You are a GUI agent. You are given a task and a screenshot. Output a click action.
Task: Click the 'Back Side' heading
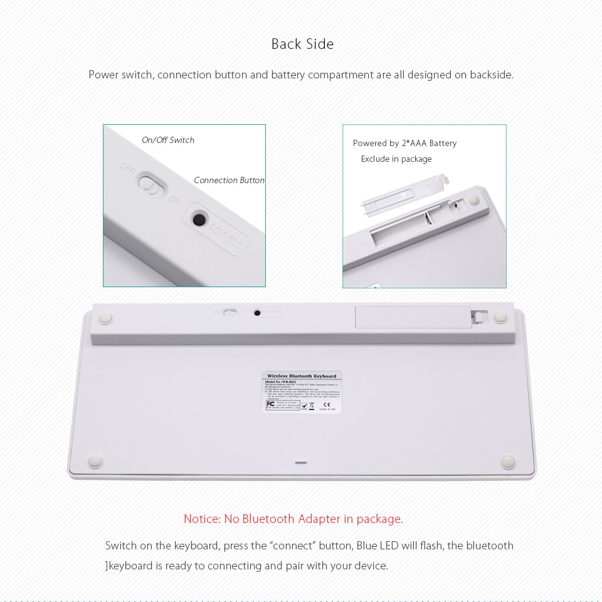302,44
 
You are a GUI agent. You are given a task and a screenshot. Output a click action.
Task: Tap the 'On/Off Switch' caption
168,140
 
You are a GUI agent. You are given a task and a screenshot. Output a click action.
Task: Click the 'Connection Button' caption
229,180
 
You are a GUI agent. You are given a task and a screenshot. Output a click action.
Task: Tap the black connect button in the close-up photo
199,219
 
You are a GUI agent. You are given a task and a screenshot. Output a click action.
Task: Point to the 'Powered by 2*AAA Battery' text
404,143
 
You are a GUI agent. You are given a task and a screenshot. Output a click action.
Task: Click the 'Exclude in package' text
396,159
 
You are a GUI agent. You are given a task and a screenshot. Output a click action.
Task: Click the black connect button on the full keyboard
257,312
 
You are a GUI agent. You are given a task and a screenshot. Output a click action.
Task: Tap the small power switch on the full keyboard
231,312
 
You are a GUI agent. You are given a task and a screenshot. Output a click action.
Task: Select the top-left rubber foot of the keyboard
105,318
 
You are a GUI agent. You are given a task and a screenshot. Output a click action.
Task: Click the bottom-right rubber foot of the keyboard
507,462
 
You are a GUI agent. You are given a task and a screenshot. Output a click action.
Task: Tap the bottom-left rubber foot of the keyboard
95,462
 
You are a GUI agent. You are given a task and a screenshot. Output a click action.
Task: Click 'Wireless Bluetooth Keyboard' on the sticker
302,376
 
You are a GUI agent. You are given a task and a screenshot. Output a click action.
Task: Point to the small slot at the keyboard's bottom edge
301,463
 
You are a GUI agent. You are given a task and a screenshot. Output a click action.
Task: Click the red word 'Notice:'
202,519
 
